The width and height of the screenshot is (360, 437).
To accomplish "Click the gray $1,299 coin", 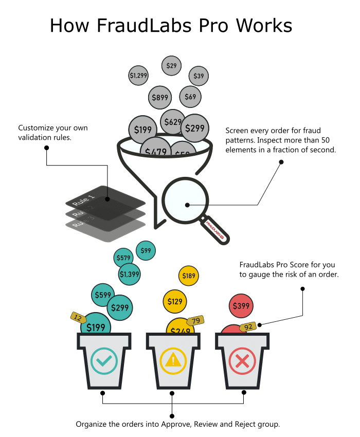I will (x=138, y=76).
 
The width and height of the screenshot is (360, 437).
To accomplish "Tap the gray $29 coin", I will (x=171, y=66).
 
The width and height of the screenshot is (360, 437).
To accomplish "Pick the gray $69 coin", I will (x=190, y=97).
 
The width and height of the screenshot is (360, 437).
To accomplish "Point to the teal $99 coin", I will (x=146, y=250).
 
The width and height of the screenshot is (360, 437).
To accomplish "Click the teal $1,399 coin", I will (x=130, y=274).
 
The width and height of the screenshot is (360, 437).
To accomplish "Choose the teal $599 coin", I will (x=103, y=295).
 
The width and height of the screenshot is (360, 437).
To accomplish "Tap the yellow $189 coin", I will (x=189, y=276).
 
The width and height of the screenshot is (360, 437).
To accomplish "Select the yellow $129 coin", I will (x=175, y=301).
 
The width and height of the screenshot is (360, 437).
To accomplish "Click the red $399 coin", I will (x=241, y=306).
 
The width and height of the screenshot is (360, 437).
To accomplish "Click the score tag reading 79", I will (x=195, y=321).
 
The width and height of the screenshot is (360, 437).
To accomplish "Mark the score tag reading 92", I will (x=249, y=326).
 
